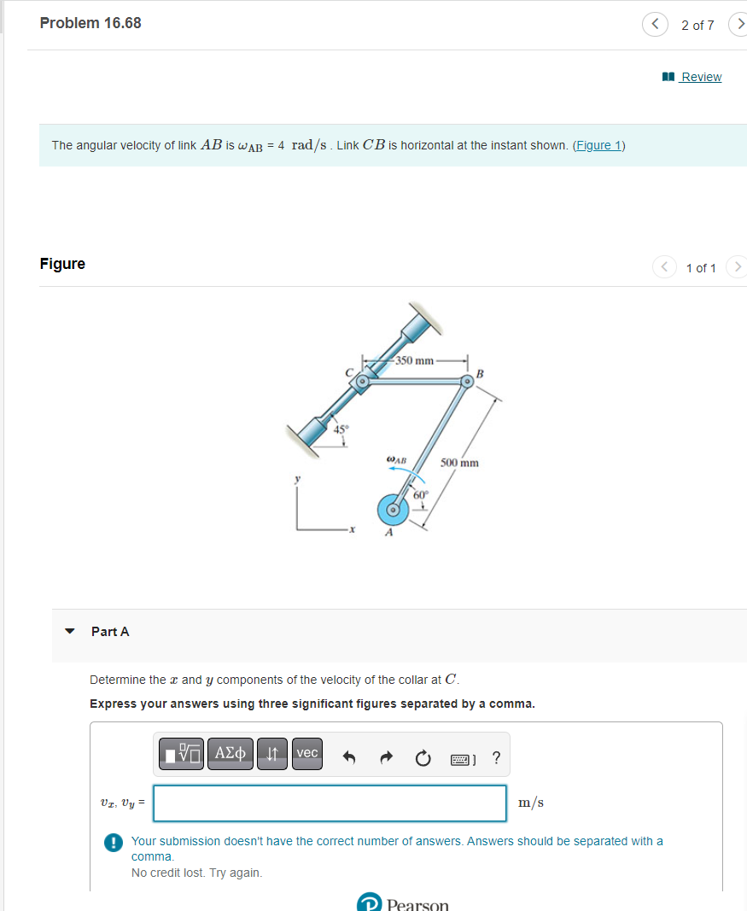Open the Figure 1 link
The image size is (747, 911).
click(x=598, y=145)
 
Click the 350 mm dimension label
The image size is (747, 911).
click(x=415, y=360)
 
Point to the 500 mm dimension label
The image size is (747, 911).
click(x=459, y=463)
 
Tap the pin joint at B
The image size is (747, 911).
click(x=466, y=382)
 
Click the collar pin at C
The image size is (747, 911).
click(x=362, y=382)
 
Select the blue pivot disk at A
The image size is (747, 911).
click(x=394, y=510)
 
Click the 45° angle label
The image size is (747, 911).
click(x=341, y=429)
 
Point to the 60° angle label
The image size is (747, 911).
click(x=421, y=495)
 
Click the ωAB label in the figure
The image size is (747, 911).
click(x=397, y=460)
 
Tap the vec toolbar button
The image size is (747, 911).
click(x=307, y=754)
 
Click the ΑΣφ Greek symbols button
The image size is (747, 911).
click(x=230, y=754)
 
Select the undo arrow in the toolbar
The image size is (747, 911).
click(x=348, y=757)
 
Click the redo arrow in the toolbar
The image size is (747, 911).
click(x=386, y=757)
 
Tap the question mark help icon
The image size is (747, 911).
click(x=496, y=757)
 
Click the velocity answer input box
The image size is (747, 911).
click(x=330, y=803)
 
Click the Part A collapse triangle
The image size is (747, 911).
click(x=70, y=631)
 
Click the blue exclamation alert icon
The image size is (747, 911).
click(x=114, y=843)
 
